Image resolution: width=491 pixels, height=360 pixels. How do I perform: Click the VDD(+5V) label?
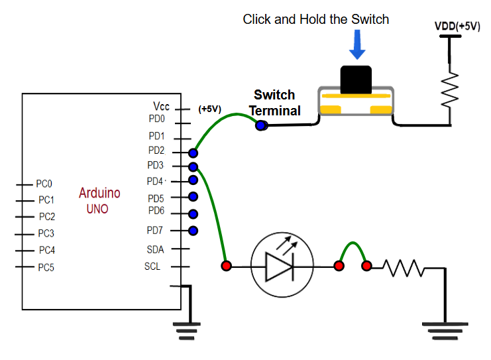point(457,27)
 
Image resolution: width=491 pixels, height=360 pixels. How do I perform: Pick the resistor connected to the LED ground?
point(401,267)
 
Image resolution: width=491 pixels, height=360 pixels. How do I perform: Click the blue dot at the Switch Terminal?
point(261,125)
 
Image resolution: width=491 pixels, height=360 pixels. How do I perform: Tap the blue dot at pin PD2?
point(193,152)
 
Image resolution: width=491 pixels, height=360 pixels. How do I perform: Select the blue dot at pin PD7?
point(193,231)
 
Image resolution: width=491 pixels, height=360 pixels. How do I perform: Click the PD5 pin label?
point(155,198)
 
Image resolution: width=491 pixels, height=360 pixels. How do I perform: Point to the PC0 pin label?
point(45,184)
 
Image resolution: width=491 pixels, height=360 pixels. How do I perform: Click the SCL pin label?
point(152,267)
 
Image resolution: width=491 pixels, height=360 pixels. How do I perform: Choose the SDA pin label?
point(154,250)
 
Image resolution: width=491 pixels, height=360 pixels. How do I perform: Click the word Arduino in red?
point(99,193)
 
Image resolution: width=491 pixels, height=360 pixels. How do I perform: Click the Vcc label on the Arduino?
point(161,106)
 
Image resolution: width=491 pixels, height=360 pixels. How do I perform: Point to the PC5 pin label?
point(46,268)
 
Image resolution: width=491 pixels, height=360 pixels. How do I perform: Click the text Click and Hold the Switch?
point(315,19)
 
